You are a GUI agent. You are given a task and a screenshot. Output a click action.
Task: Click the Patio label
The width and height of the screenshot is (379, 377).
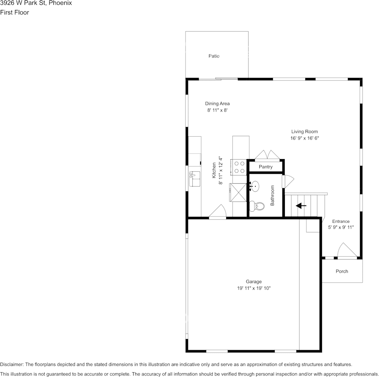point(214,56)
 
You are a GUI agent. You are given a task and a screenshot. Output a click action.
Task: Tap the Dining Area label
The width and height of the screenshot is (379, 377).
point(217,104)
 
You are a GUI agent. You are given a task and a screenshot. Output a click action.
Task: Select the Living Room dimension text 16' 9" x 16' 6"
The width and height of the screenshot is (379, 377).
point(304,138)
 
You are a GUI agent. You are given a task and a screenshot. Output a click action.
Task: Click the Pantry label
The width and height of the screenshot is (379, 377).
point(265,167)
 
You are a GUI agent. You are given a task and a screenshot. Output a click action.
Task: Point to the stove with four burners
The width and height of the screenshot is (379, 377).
point(240,167)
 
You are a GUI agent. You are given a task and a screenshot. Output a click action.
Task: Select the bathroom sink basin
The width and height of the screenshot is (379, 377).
point(255,186)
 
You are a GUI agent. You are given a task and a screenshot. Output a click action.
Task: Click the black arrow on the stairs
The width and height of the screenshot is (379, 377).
point(301,206)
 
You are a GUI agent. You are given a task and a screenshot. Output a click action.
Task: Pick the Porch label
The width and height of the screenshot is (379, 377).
point(341,271)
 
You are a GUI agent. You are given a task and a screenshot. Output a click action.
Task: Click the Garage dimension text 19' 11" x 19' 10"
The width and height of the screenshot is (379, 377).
point(254,288)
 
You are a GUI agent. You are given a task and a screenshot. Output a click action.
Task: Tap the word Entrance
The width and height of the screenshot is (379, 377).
point(341,222)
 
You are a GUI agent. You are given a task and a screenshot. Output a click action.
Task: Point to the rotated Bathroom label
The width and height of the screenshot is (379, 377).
point(272,195)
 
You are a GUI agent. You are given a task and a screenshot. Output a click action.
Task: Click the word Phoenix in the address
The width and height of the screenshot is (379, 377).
point(60,3)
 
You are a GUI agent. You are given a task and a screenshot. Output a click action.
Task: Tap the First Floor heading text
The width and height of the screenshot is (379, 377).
point(14,12)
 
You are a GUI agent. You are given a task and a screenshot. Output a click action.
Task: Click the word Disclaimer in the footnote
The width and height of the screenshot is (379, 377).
point(12,364)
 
